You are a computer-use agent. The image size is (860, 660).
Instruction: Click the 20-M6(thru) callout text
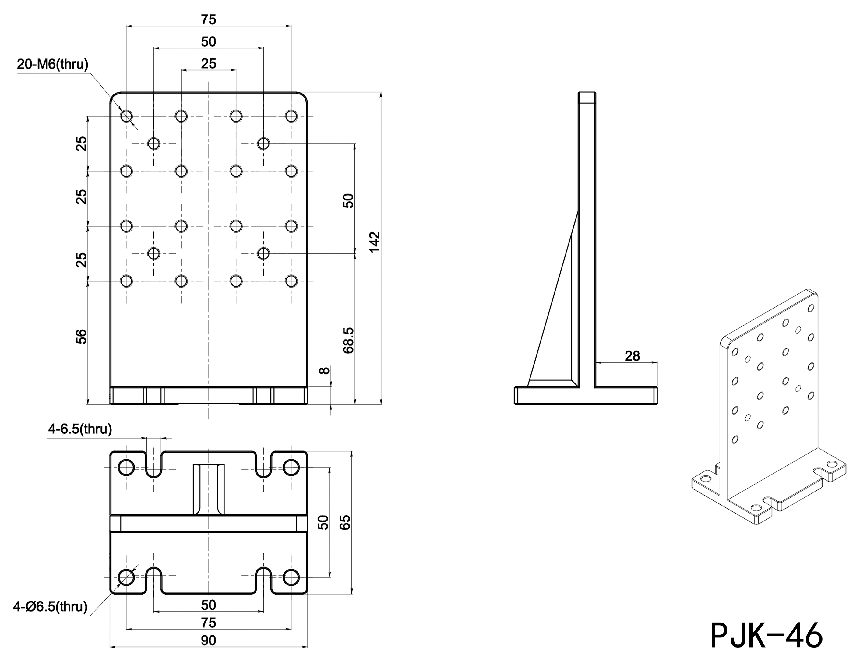point(53,65)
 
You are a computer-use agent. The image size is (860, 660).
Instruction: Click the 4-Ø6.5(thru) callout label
point(50,607)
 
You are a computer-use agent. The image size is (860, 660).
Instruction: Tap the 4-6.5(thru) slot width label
point(80,429)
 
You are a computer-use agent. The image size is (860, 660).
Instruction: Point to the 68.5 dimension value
point(348,340)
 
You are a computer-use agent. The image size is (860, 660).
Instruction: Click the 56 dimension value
point(81,337)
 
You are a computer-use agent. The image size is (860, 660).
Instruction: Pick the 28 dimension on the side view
point(632,356)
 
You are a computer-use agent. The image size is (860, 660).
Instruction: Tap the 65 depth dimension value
point(345,522)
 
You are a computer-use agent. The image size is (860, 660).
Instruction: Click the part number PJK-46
point(766,635)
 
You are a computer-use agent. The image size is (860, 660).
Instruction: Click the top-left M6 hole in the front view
point(126,116)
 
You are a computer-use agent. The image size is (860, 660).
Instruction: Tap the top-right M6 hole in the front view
point(291,116)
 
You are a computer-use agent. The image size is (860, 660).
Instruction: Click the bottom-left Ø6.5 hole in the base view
point(126,577)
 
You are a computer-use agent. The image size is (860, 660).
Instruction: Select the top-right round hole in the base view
point(291,468)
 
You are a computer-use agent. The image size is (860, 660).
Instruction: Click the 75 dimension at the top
point(209,19)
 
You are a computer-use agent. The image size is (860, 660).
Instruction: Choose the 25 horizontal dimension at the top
point(209,64)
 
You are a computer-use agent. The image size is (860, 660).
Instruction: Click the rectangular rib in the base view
point(209,489)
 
